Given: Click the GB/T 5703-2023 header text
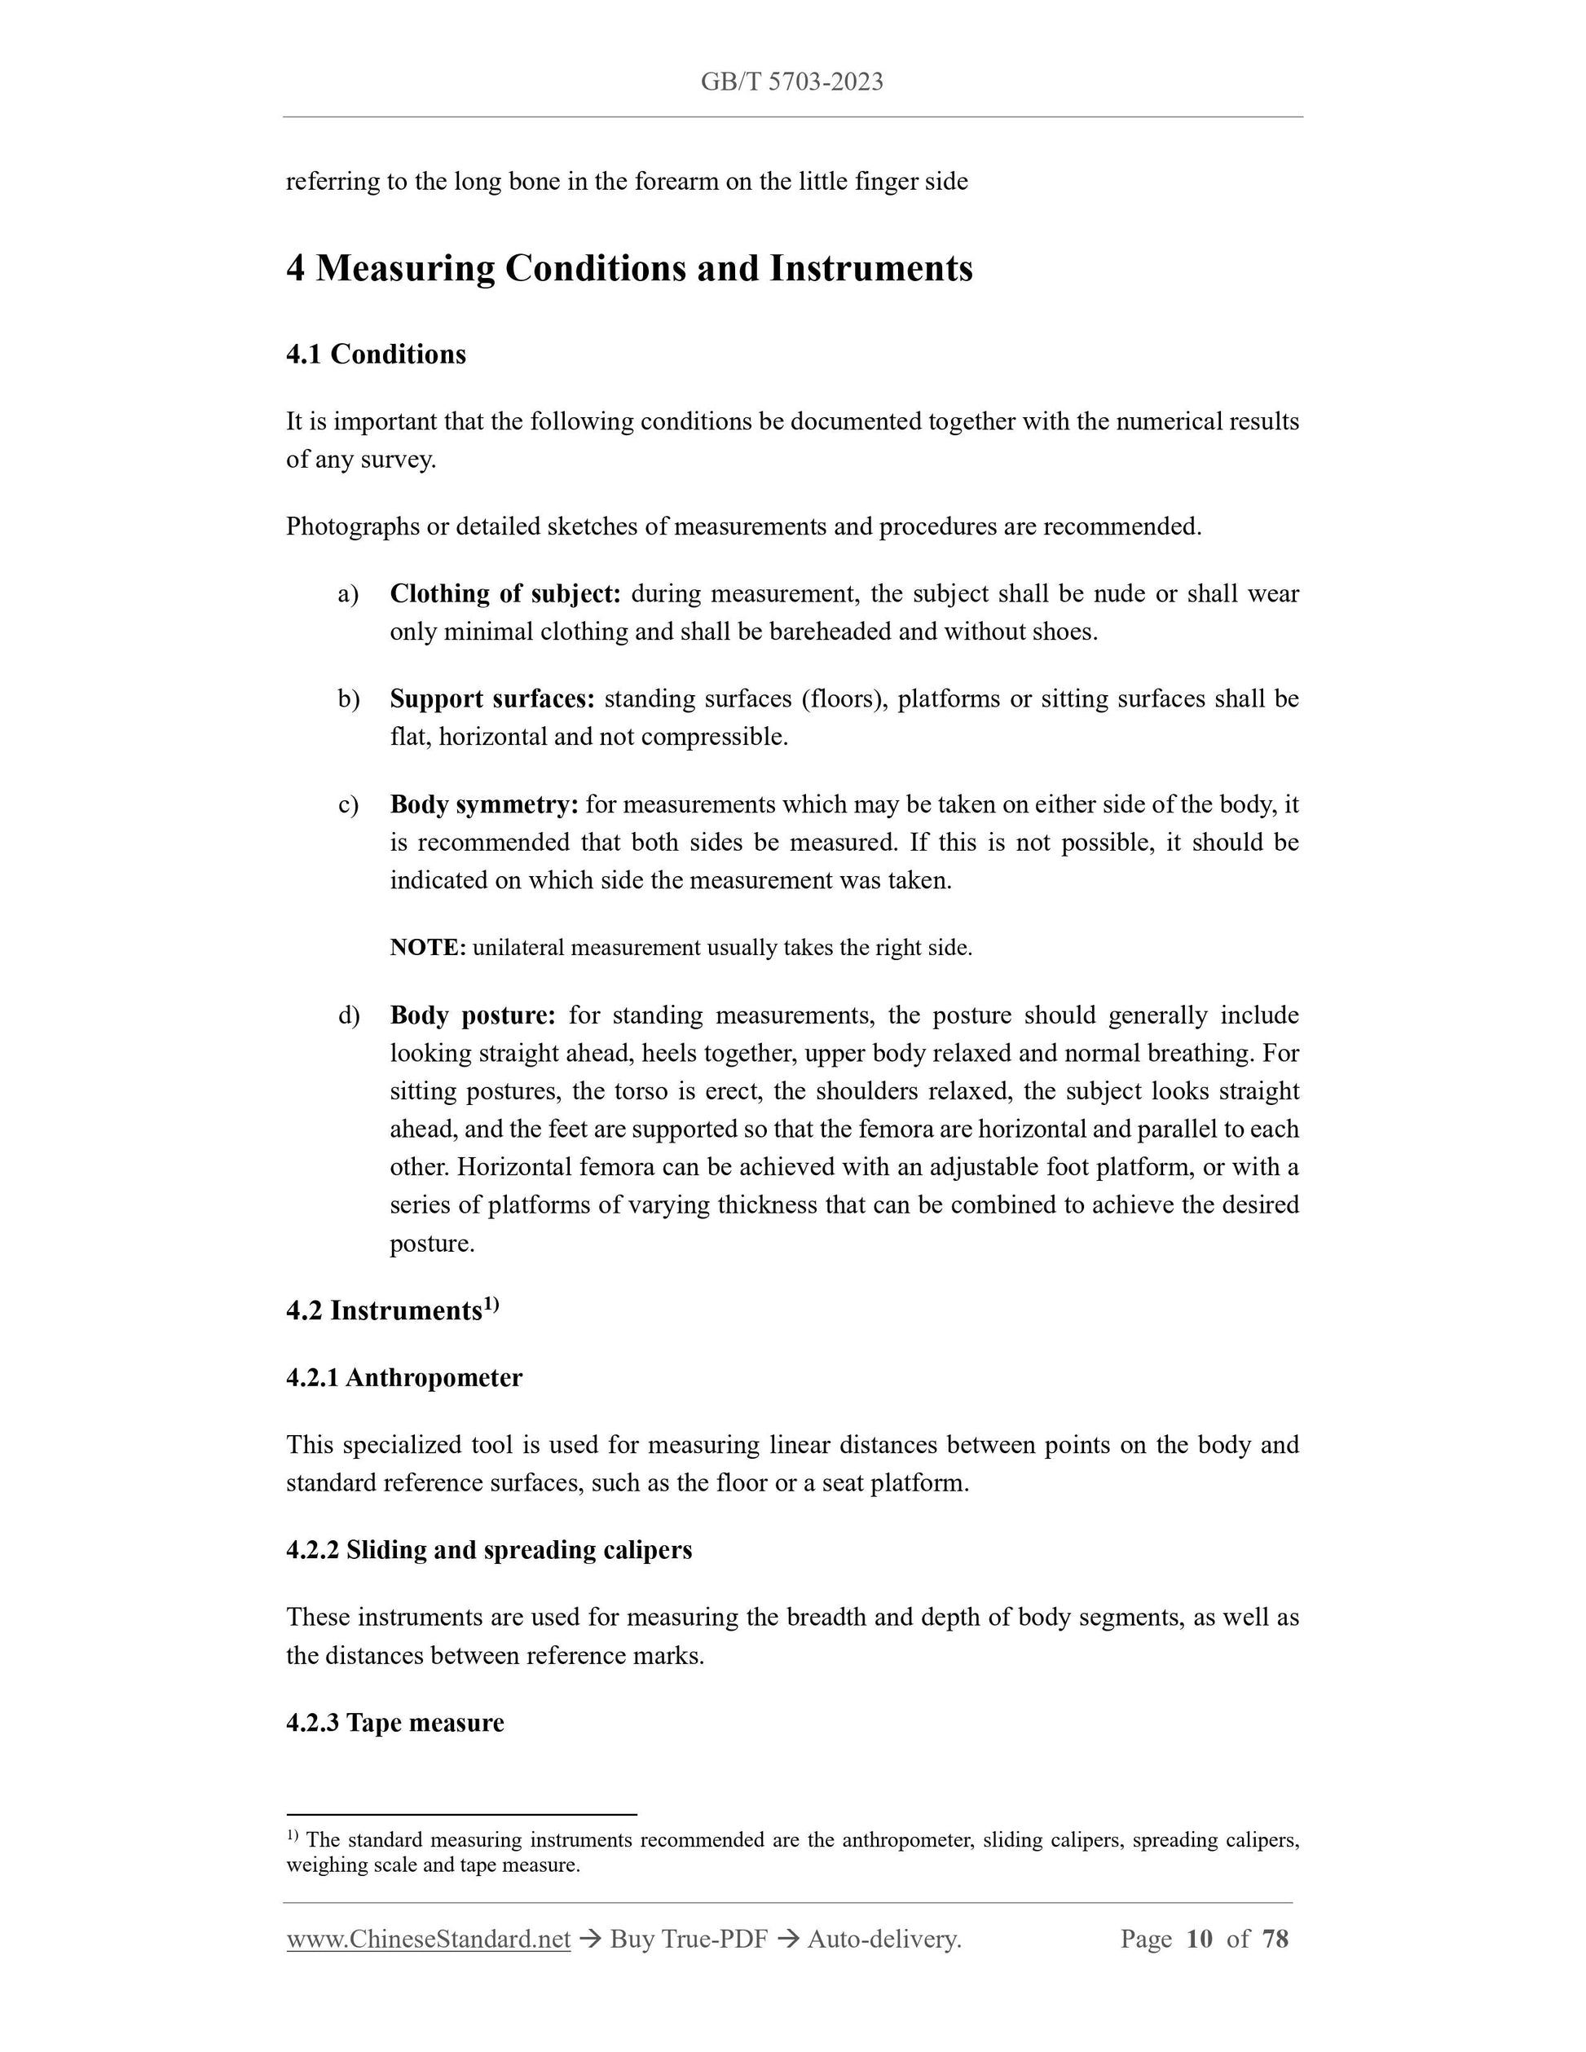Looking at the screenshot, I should pos(792,81).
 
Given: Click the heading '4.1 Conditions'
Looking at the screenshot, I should pos(376,354).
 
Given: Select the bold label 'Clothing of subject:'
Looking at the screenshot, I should pos(504,594).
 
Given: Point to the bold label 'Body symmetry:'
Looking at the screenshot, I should pos(484,804).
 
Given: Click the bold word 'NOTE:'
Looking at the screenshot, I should pos(428,947).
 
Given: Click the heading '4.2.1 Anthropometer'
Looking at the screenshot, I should pos(404,1377).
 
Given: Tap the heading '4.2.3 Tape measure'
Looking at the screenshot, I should pos(394,1722).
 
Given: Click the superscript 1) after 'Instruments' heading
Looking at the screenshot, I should pos(491,1304).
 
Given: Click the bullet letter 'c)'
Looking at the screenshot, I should pos(349,805).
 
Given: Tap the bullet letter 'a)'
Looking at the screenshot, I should pos(349,595).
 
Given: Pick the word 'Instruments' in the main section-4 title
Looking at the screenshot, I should pos(871,269).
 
